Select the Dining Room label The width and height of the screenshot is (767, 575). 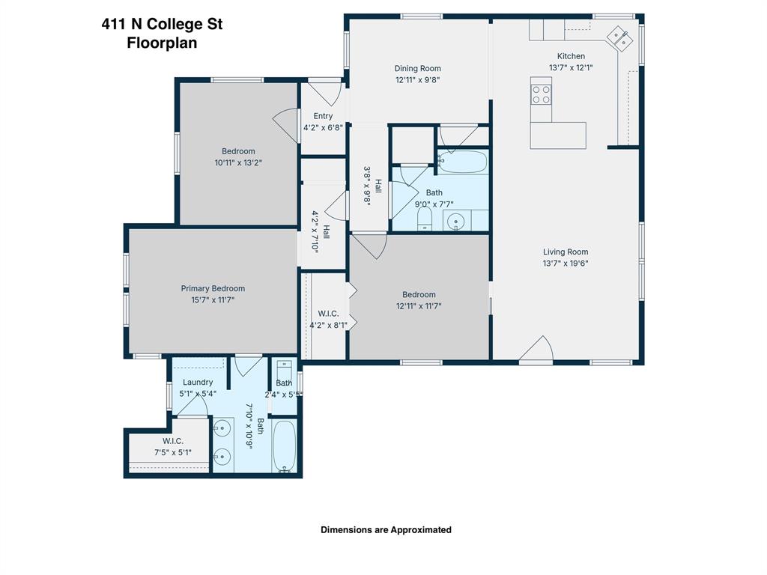tap(418, 68)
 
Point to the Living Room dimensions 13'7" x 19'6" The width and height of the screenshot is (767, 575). tap(566, 264)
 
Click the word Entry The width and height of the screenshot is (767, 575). tap(323, 116)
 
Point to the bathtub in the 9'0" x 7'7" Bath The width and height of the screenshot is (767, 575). tap(462, 161)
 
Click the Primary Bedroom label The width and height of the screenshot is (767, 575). tap(213, 288)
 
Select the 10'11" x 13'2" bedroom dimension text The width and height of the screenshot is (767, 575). tap(238, 162)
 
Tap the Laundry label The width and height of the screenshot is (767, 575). tap(198, 382)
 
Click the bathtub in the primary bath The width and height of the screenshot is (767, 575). tap(285, 446)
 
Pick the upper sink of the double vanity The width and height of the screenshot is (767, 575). tap(222, 429)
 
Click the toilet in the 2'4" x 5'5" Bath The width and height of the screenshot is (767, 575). tap(285, 371)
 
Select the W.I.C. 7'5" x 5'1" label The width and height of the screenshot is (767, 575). tap(173, 446)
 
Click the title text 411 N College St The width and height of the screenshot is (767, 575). tap(162, 24)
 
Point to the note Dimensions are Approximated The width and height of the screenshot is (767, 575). tap(386, 529)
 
